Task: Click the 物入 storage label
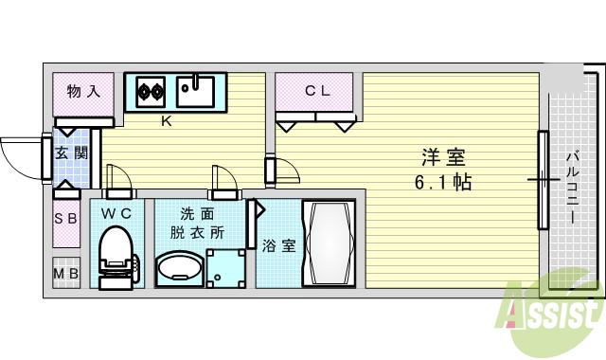[83, 92]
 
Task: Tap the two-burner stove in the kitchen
[150, 92]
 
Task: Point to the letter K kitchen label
[165, 121]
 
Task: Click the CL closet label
[316, 91]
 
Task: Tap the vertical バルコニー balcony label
[573, 187]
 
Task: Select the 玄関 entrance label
[65, 153]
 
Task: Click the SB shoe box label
[65, 220]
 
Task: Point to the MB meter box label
[65, 276]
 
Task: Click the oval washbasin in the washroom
[177, 269]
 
